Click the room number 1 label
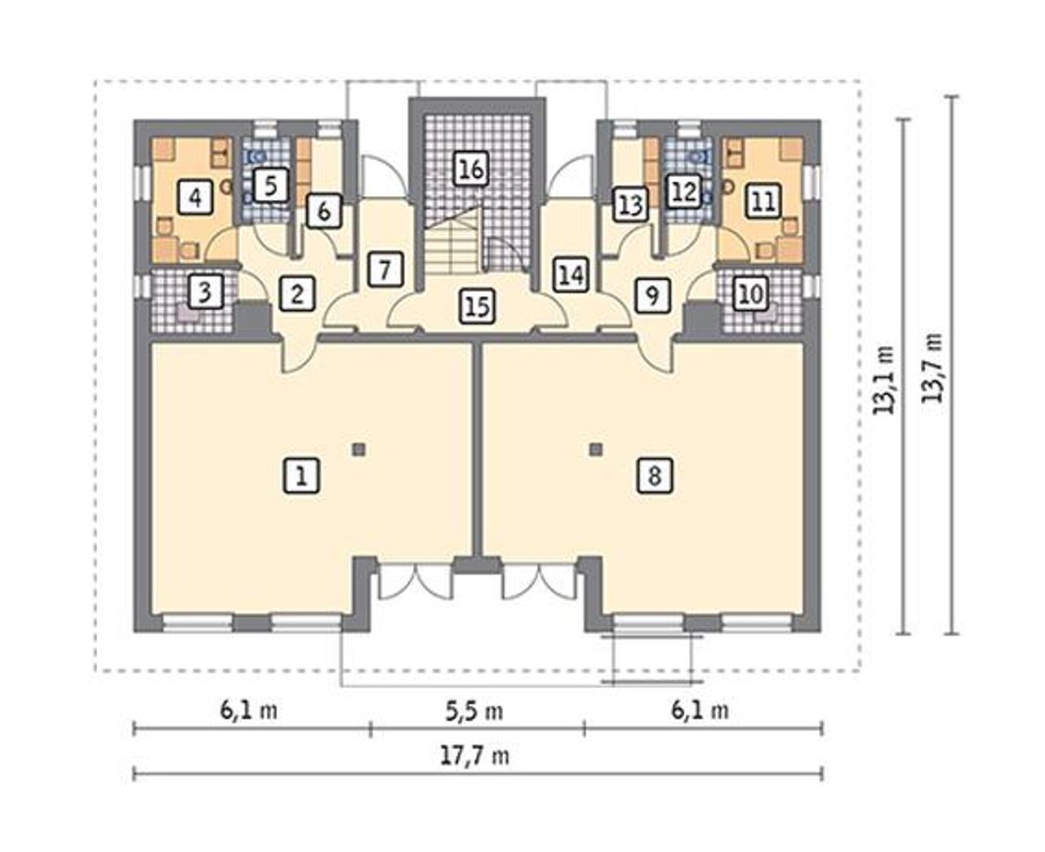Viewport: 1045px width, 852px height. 301,476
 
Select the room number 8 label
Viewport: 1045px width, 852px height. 654,476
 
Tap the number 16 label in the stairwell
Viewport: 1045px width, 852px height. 471,169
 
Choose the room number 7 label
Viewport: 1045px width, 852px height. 385,269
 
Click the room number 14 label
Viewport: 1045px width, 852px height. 571,274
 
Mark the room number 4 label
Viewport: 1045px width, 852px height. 196,197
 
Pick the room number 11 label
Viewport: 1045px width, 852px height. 763,201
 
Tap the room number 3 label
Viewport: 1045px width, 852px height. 205,292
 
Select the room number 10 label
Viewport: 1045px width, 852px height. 751,295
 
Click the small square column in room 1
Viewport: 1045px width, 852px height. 359,450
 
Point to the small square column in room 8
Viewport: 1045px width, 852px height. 597,450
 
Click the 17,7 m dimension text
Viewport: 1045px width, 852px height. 474,757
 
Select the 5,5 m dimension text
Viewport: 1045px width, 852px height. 474,712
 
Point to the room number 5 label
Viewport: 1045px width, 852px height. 270,185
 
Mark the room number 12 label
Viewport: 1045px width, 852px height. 685,191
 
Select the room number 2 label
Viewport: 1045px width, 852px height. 297,295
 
